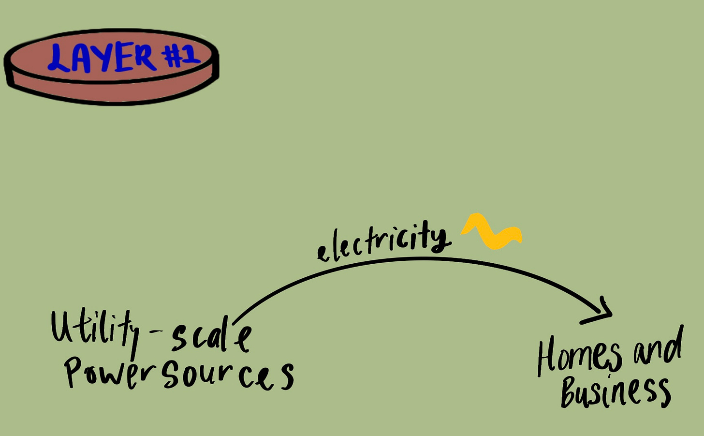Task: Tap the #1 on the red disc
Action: point(181,55)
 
